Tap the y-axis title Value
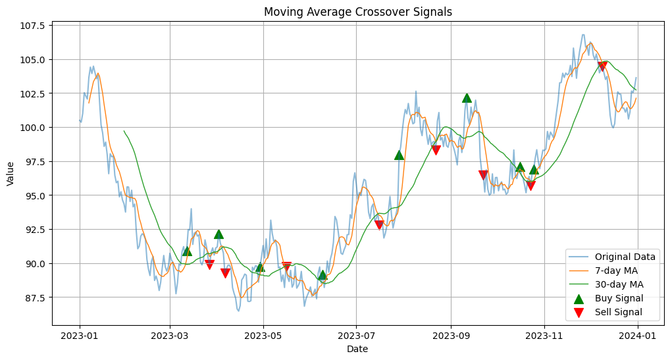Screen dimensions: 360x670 click(10, 174)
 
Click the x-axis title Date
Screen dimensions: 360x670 click(358, 349)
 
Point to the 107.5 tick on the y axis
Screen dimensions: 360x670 click(32, 26)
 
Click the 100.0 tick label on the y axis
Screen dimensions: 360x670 click(32, 128)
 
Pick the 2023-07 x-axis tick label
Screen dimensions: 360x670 click(356, 334)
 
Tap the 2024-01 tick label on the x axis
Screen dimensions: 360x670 click(638, 334)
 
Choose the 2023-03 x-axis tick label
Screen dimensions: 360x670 click(170, 334)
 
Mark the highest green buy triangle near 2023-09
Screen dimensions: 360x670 click(467, 98)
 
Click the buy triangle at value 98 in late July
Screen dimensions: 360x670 click(399, 155)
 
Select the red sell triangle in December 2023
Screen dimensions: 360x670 click(602, 66)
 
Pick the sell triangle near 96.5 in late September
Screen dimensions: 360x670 click(483, 175)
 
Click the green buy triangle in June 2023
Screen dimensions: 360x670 click(322, 275)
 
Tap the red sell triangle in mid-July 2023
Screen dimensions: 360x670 click(379, 225)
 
